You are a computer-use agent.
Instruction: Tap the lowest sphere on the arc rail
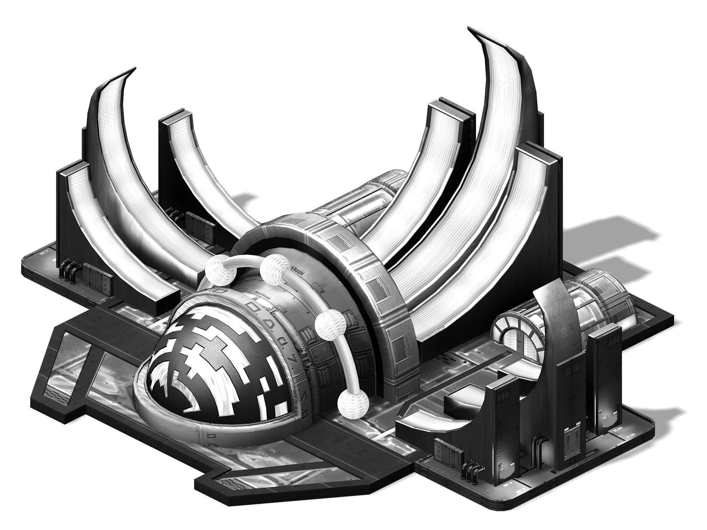pos(352,403)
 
